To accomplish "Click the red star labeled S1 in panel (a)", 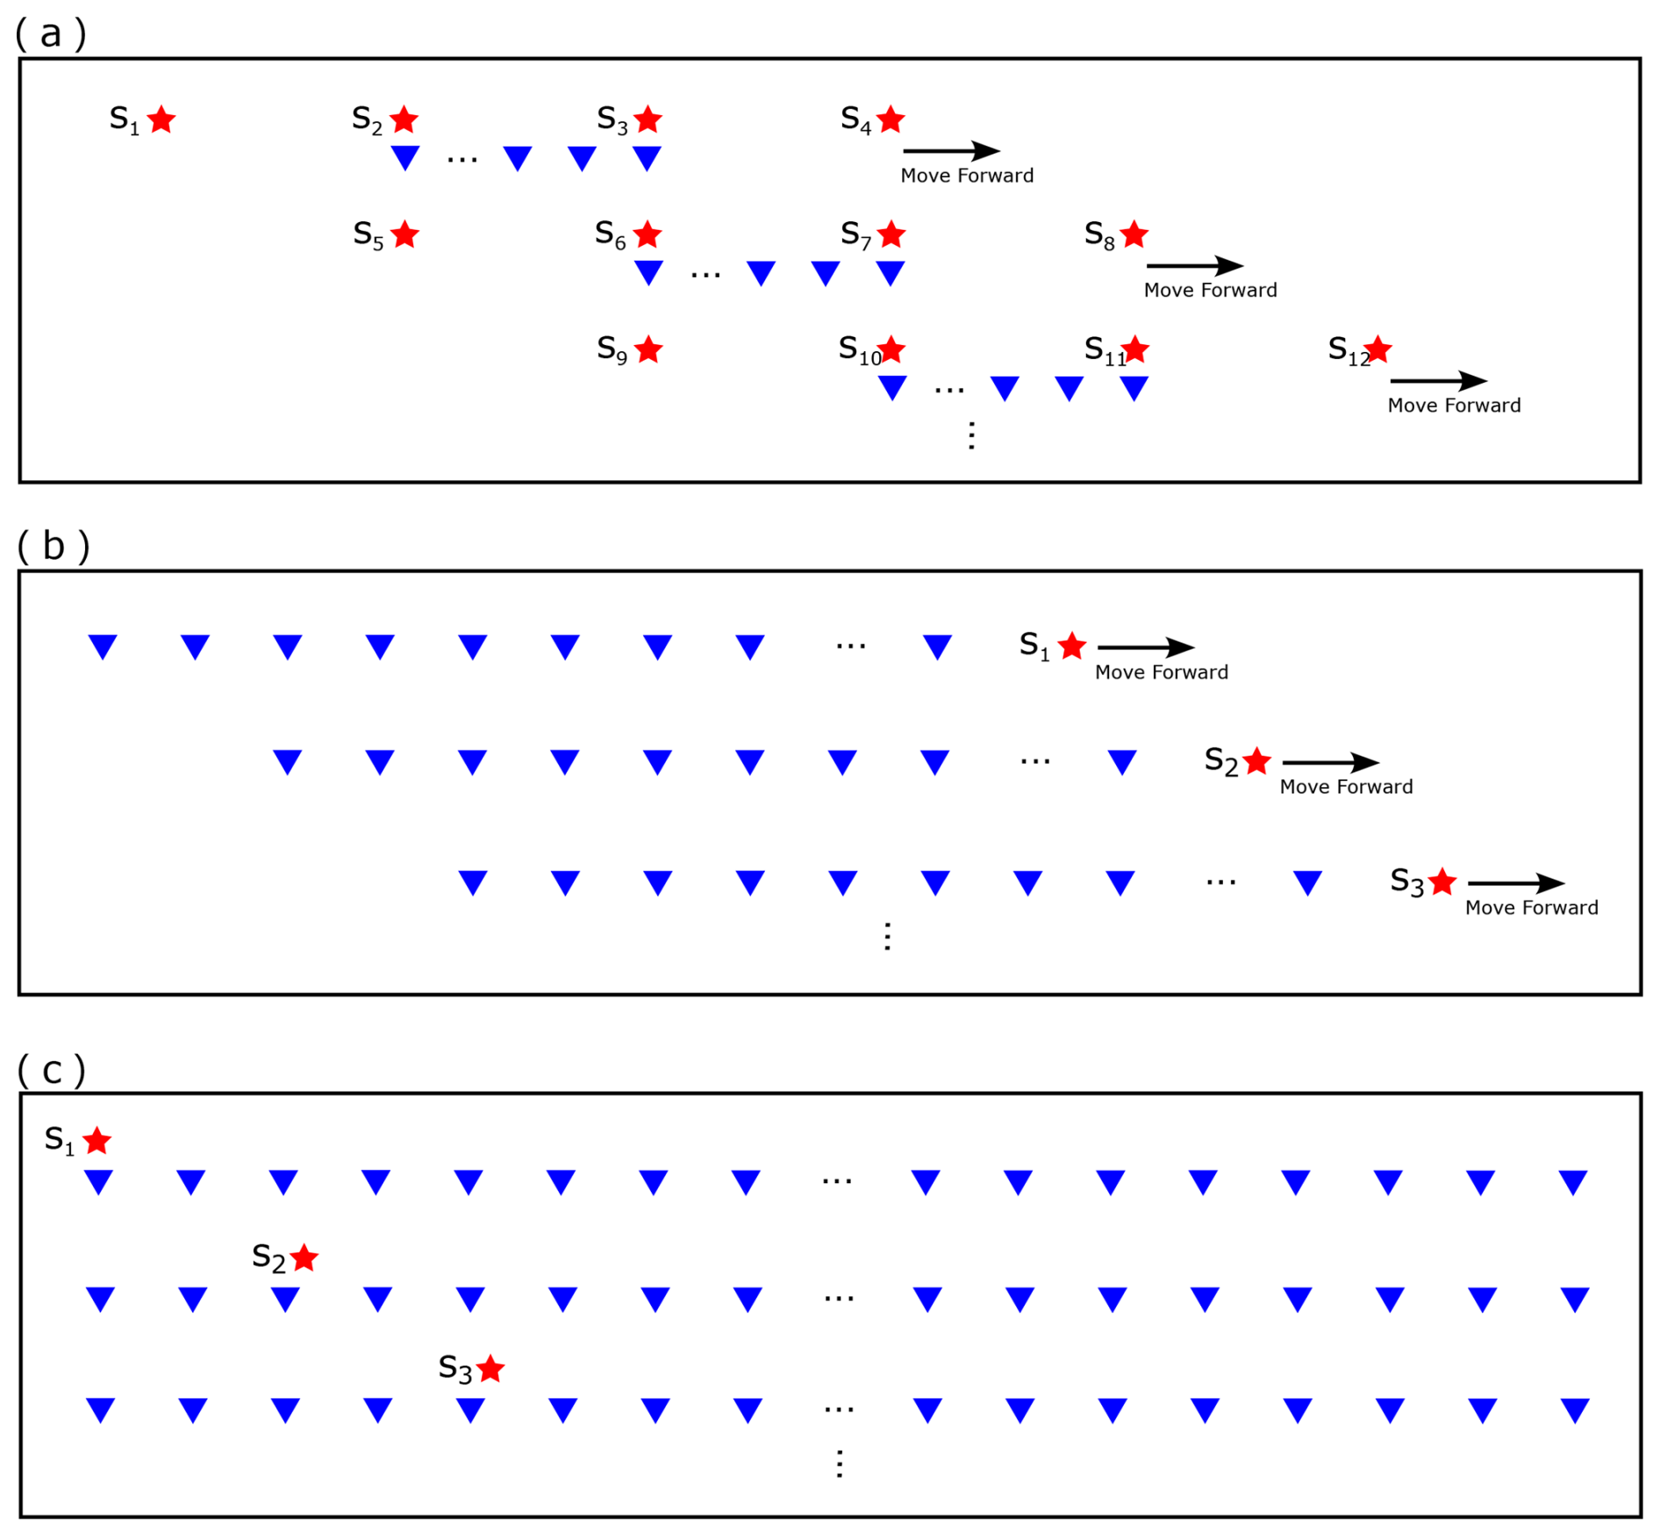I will [x=161, y=119].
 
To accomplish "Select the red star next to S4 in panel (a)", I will [x=891, y=119].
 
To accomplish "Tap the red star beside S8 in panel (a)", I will [x=1134, y=234].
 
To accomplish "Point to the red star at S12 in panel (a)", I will [x=1378, y=349].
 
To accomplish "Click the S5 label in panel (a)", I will [x=368, y=235].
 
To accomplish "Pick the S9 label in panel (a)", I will [x=612, y=350].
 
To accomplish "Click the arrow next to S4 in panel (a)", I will [x=951, y=151].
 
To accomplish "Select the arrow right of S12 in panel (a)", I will [x=1439, y=381].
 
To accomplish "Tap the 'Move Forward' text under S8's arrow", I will [x=1210, y=291].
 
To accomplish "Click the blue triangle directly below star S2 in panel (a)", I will [x=405, y=157].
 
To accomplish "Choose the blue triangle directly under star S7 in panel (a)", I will [x=891, y=272].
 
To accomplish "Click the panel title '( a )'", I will [x=51, y=33].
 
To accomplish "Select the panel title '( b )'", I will [x=53, y=546].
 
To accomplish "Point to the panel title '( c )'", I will [x=52, y=1070].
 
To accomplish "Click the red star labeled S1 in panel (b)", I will [x=1072, y=646].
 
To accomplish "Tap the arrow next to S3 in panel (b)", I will [x=1516, y=883].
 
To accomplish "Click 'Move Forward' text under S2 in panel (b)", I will [x=1346, y=787].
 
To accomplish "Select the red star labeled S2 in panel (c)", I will [x=304, y=1258].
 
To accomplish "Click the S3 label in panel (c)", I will [x=455, y=1368].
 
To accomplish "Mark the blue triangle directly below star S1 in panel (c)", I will [x=98, y=1181].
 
